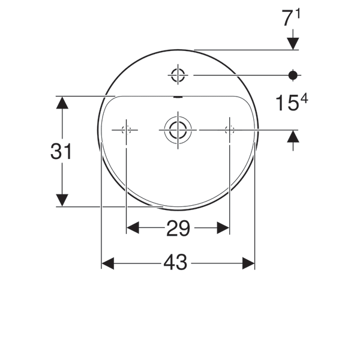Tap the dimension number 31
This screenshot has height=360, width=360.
click(x=61, y=152)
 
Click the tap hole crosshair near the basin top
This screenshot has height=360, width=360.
click(x=178, y=75)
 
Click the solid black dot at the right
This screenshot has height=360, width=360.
click(x=293, y=75)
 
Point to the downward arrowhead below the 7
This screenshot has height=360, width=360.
click(x=293, y=43)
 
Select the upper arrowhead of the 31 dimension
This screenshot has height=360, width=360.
click(x=62, y=102)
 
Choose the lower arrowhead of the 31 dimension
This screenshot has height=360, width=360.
click(x=62, y=200)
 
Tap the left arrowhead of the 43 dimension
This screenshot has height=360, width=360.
click(x=108, y=263)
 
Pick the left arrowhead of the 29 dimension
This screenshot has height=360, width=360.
click(x=133, y=228)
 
